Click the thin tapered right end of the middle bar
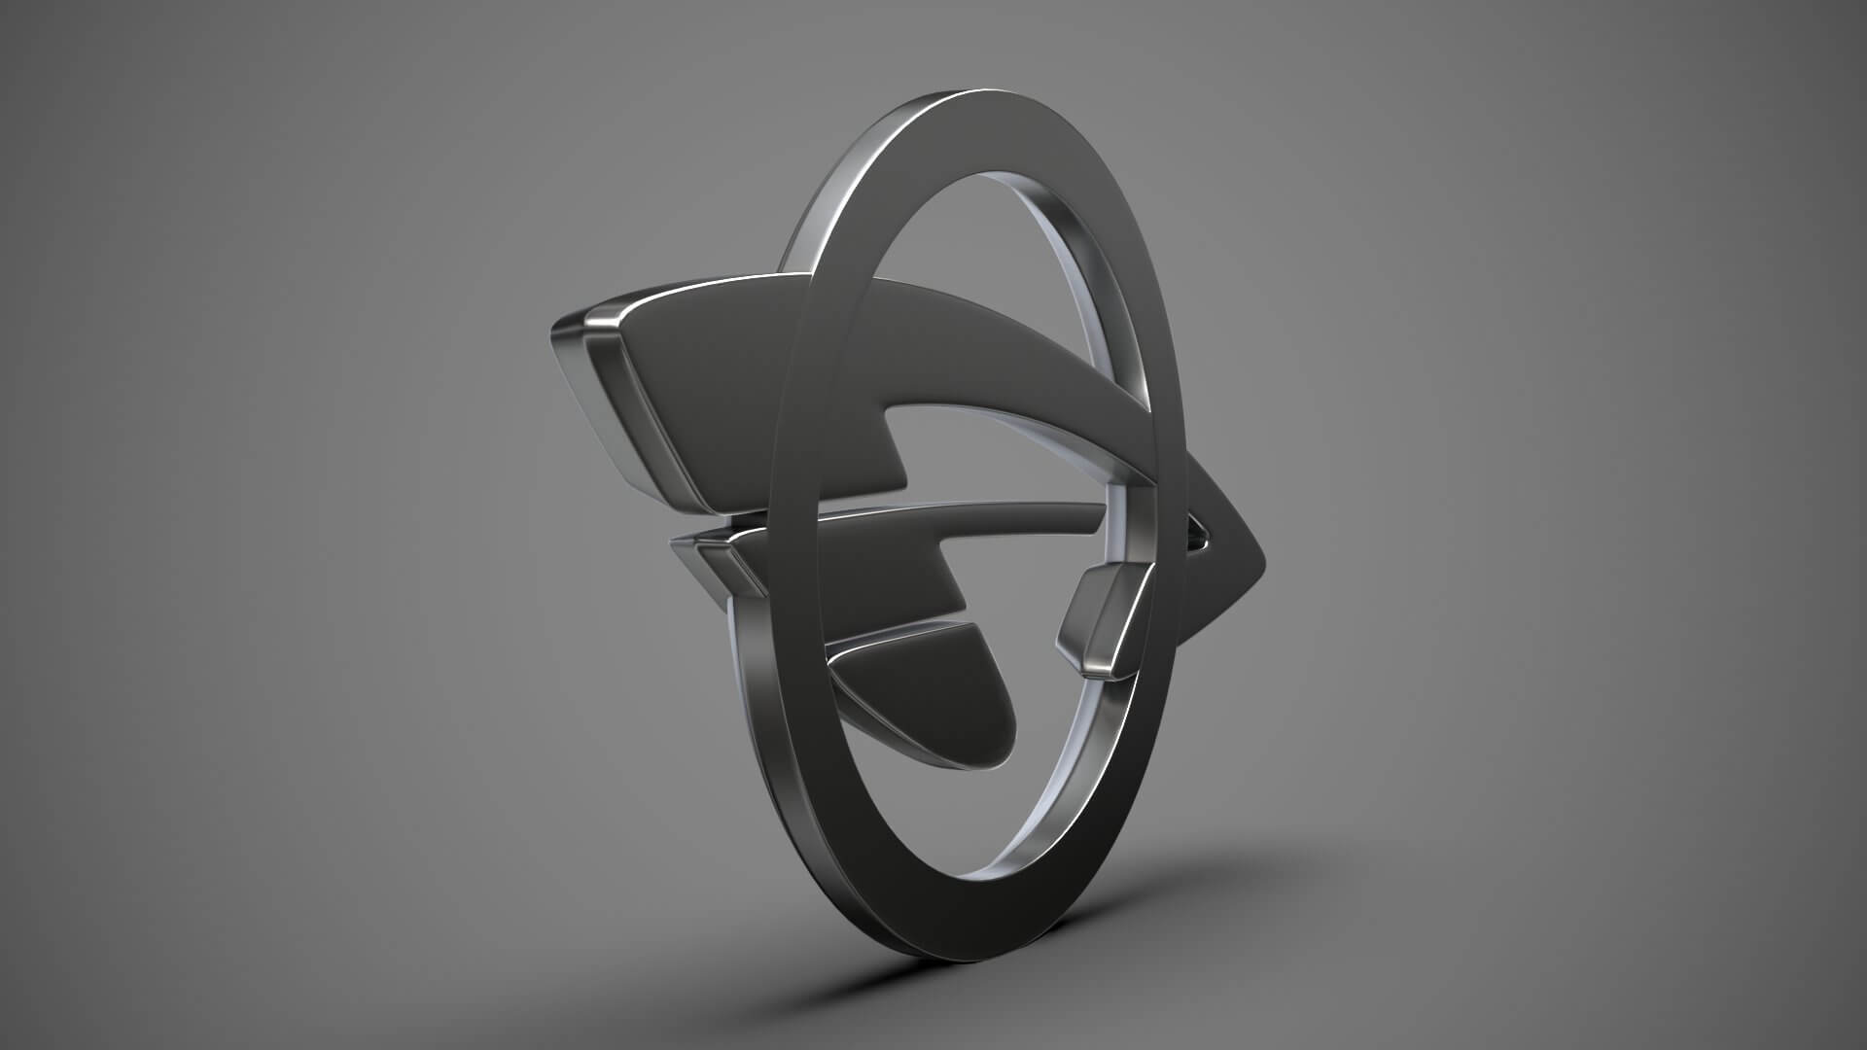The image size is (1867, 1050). coord(1094,507)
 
